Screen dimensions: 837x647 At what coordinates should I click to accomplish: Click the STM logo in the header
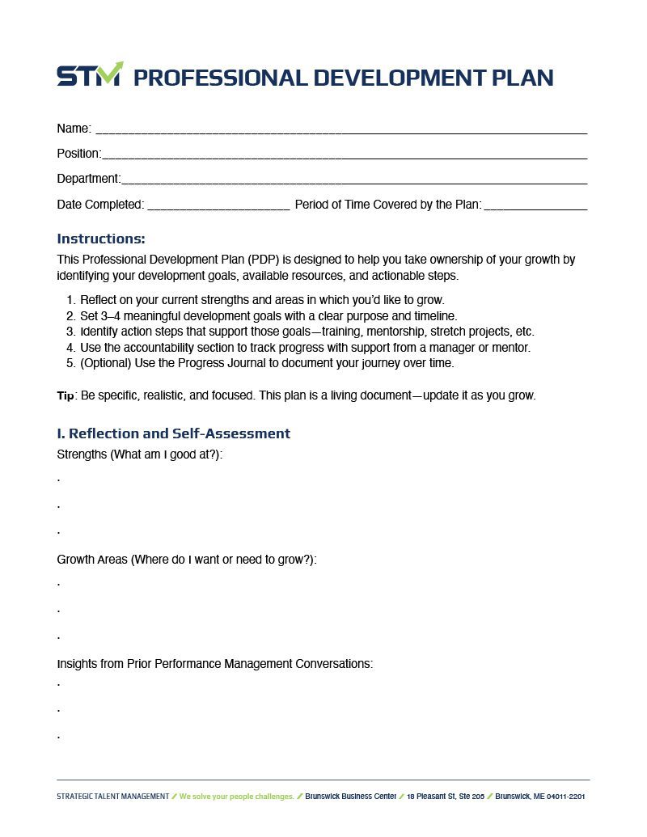point(89,74)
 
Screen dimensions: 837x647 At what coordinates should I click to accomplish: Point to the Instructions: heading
point(101,239)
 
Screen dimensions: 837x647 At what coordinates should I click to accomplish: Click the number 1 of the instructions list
point(70,300)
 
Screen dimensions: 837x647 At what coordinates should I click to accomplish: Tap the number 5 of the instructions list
point(70,363)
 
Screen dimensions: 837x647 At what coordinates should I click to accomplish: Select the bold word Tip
point(66,396)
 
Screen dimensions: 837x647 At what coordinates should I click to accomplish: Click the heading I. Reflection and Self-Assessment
point(173,433)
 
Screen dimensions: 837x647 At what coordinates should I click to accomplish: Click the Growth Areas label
point(92,560)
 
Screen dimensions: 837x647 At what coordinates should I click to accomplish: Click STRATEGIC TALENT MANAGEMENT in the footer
point(112,797)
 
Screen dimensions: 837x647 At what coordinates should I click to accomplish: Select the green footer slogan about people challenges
point(236,797)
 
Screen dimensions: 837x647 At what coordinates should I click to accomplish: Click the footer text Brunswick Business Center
point(350,797)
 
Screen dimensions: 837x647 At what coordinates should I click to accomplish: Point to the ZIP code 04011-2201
point(565,797)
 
